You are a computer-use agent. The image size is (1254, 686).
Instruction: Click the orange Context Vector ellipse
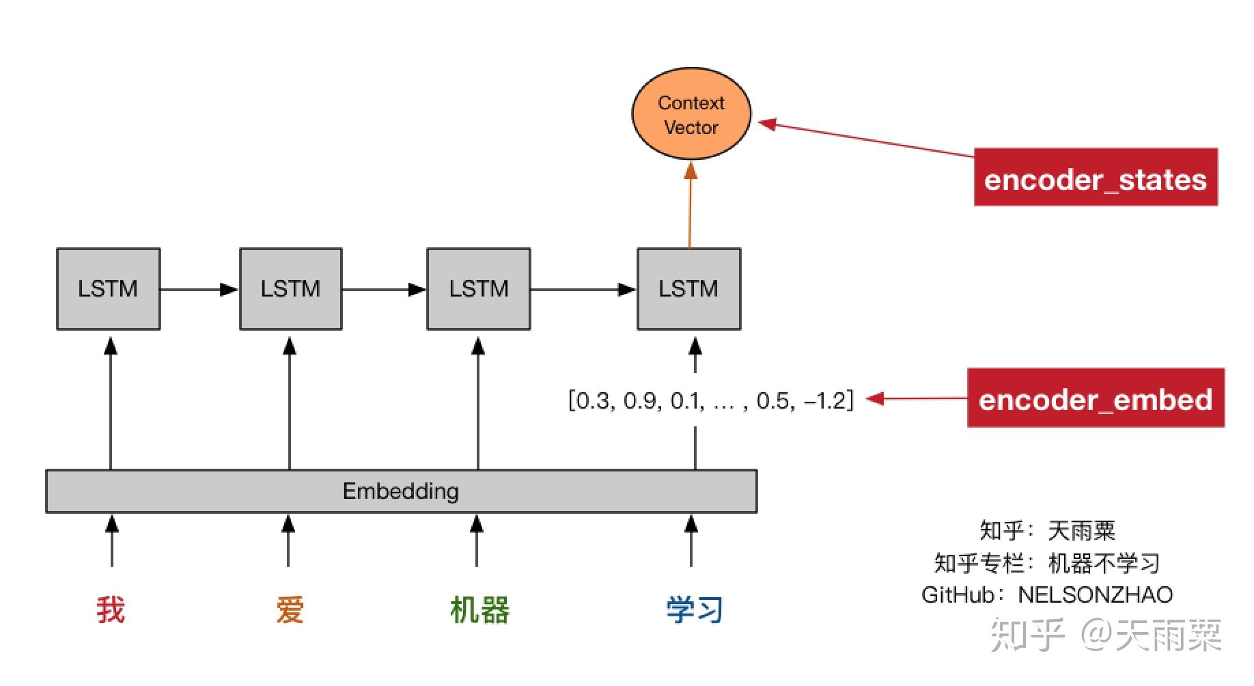(x=691, y=114)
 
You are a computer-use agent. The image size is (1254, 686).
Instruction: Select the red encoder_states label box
(x=1095, y=177)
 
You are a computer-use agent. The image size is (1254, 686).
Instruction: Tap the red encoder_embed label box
(x=1095, y=398)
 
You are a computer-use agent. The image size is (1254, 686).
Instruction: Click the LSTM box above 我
(x=108, y=289)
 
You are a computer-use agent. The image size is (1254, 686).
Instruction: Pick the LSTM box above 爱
(x=290, y=289)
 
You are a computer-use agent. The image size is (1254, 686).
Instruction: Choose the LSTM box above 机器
(x=478, y=289)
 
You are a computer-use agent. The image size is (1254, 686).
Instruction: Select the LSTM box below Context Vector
(x=688, y=289)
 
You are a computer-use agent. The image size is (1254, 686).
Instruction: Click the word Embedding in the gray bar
(x=400, y=491)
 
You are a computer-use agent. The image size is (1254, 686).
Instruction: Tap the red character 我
(x=111, y=609)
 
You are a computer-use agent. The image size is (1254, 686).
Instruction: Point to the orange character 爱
(x=290, y=609)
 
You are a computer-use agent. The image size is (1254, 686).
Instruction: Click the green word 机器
(x=479, y=609)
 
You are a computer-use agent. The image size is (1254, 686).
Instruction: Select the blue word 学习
(x=694, y=609)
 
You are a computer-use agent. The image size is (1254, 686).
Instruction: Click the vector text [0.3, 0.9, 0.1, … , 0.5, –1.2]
(x=710, y=400)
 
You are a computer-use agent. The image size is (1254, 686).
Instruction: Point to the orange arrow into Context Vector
(x=690, y=205)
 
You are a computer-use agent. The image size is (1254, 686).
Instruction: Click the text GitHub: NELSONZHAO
(x=1046, y=595)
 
